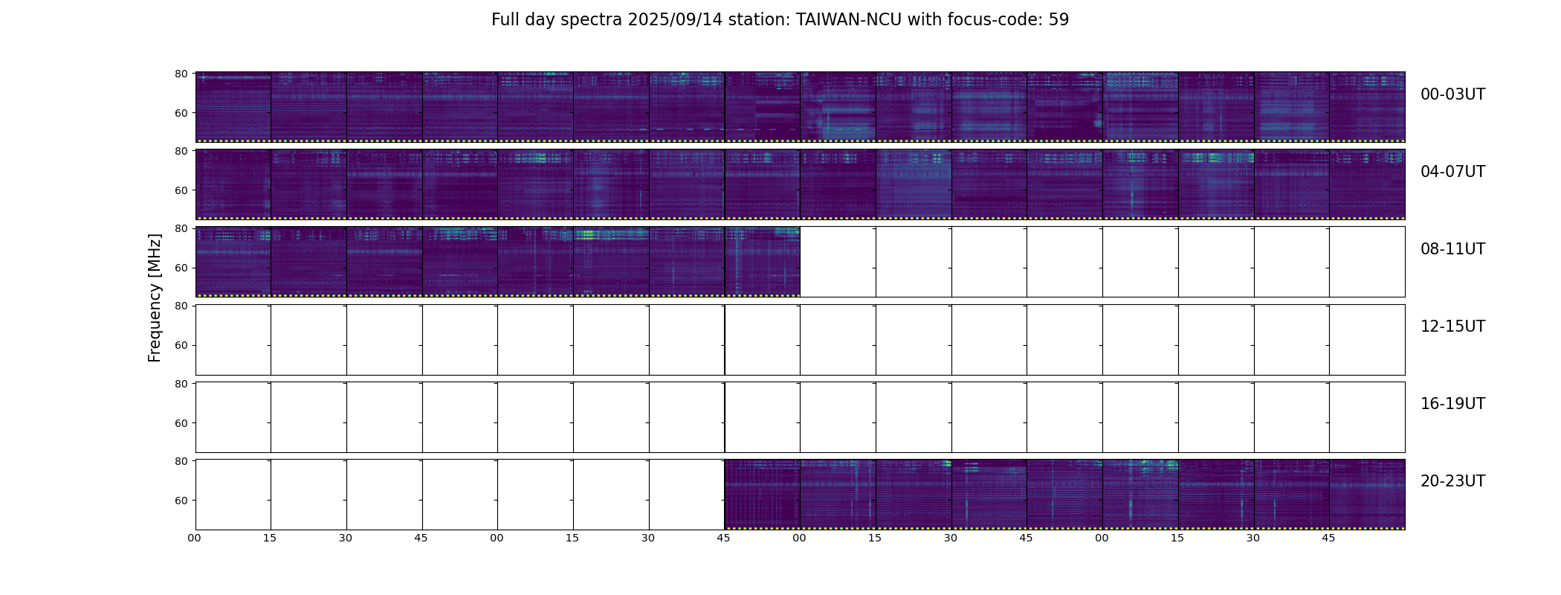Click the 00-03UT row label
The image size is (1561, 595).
[1452, 94]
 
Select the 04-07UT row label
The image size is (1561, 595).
[1452, 172]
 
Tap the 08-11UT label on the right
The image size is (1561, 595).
[1452, 249]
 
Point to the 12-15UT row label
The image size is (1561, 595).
[1452, 327]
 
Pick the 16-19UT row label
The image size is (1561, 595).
[1452, 404]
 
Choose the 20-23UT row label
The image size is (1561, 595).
[1452, 481]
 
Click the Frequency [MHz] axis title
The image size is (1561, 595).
[155, 297]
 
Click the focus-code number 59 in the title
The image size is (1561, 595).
[1059, 20]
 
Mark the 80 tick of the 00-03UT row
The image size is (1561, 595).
[181, 74]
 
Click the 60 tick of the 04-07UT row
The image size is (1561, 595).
[181, 190]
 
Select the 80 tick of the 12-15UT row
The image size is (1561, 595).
[181, 306]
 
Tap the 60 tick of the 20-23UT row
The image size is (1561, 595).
[181, 501]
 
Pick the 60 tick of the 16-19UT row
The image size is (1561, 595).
[181, 423]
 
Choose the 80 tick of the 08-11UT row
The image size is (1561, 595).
[181, 228]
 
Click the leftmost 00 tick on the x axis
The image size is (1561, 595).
[195, 538]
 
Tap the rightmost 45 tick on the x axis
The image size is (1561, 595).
[1328, 538]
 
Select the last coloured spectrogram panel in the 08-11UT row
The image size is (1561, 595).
[762, 261]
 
